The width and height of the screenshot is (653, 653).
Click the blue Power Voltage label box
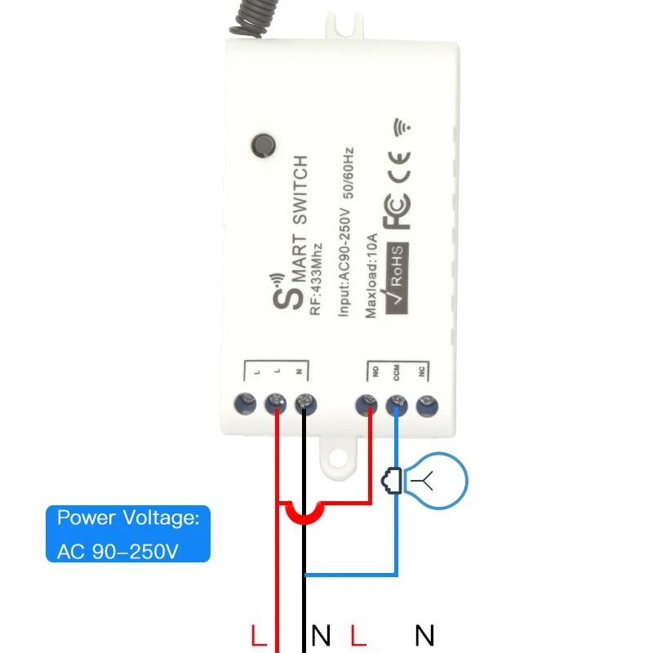coord(128,534)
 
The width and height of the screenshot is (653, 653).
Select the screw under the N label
coord(304,402)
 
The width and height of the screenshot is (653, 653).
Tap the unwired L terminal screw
coord(246,402)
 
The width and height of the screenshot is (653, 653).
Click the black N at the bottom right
coord(424,635)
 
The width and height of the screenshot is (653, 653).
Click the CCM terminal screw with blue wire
coord(397,402)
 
